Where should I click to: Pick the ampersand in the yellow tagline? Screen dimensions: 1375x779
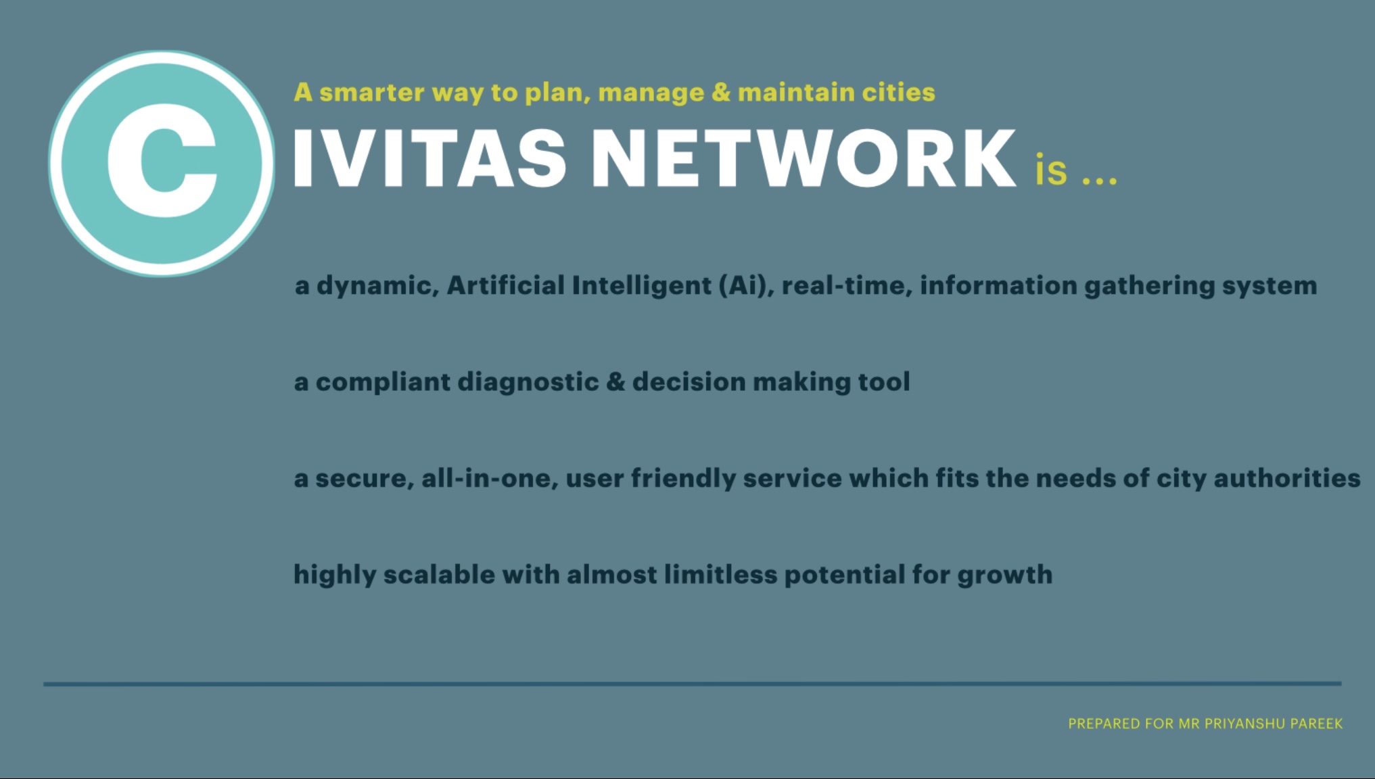[x=721, y=92]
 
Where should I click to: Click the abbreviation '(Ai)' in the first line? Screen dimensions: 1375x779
[x=747, y=285]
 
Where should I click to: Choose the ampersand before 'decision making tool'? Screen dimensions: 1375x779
[x=615, y=382]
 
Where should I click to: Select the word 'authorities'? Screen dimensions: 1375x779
[x=1286, y=478]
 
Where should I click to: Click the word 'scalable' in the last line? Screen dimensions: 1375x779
[x=439, y=575]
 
